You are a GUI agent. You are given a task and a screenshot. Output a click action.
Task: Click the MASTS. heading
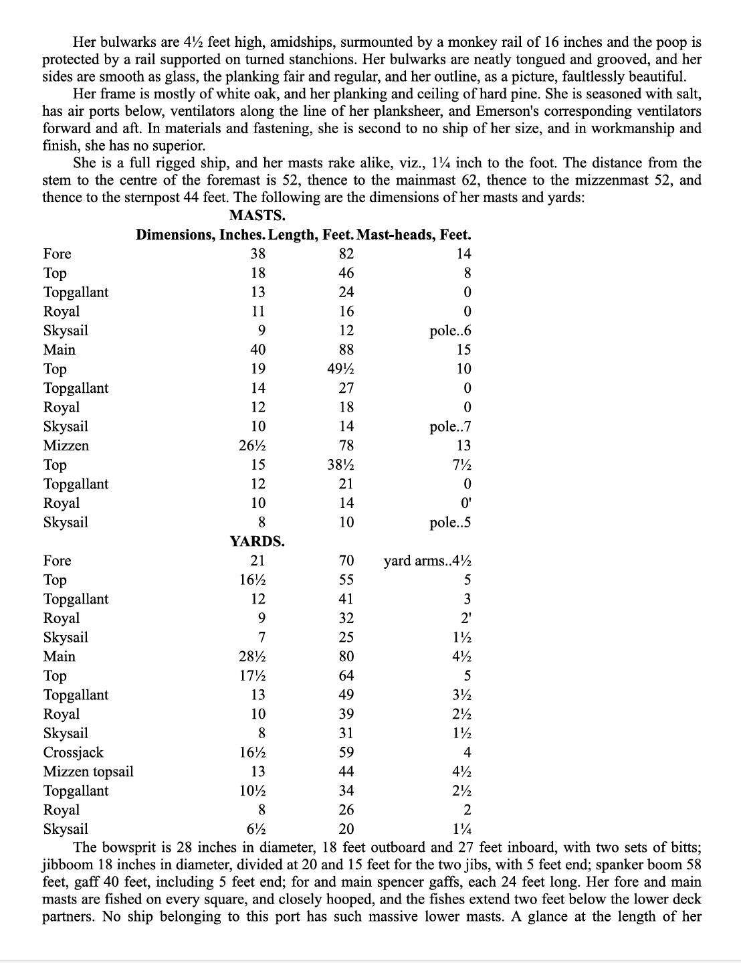click(257, 215)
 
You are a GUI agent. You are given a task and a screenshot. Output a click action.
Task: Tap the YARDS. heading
click(257, 541)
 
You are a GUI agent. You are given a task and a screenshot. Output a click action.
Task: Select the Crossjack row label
click(74, 752)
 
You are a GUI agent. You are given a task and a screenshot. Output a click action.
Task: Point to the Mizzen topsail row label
click(88, 772)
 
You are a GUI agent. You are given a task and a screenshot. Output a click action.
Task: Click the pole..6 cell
click(450, 331)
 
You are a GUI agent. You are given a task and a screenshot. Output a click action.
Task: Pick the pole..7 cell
click(450, 426)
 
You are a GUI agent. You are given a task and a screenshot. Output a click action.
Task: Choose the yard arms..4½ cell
click(427, 561)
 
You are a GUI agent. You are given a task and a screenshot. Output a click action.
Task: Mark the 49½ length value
click(340, 369)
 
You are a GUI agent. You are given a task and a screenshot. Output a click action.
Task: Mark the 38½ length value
click(340, 464)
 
